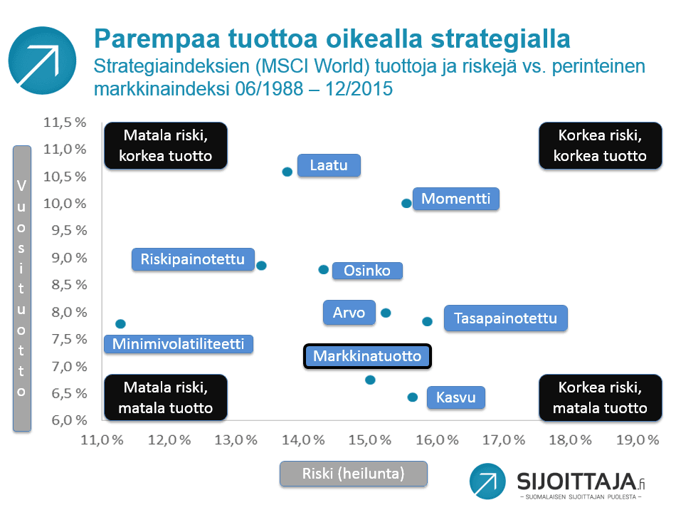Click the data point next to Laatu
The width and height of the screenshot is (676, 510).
point(287,172)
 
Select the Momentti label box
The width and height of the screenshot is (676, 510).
point(455,199)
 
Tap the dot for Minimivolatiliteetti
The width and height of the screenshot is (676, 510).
point(120,323)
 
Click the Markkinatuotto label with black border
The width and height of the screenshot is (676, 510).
point(367,356)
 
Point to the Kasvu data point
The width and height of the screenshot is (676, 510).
point(413,397)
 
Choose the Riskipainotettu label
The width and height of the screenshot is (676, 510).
point(193,259)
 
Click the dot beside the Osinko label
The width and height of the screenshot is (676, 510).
point(323,270)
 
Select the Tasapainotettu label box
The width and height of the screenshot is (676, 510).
point(505,318)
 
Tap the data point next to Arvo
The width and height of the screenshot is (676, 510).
point(386,313)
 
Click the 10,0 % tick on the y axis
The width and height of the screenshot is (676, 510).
point(65,204)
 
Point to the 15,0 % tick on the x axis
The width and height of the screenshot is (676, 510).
point(370,439)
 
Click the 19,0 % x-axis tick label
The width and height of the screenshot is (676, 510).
point(638,439)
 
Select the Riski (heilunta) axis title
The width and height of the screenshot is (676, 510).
point(354,474)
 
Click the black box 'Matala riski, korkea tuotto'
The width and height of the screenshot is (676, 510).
point(166,145)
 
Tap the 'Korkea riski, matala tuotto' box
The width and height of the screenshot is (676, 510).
point(600,397)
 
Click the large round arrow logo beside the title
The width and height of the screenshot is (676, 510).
point(42,61)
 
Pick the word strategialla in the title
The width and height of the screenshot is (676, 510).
point(500,39)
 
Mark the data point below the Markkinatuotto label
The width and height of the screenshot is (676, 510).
point(370,380)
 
